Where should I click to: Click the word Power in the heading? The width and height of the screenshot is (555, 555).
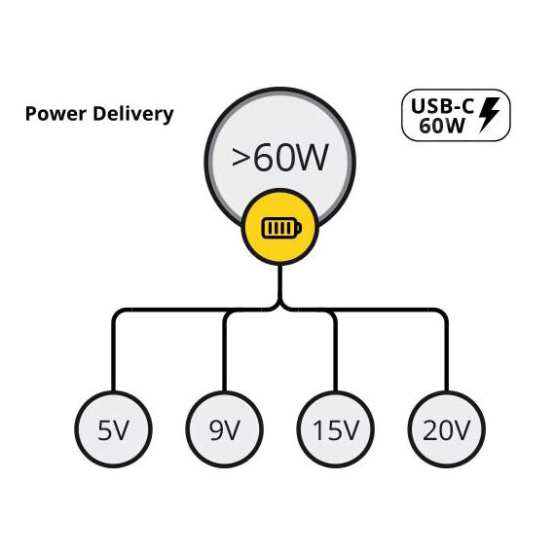[x=55, y=114]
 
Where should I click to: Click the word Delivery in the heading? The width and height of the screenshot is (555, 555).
[x=133, y=114]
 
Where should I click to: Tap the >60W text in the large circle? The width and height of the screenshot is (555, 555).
[x=279, y=158]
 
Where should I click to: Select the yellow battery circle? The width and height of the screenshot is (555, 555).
[x=280, y=227]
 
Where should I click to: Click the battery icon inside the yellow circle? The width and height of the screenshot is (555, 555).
[x=281, y=228]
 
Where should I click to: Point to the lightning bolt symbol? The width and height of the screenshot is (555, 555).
[x=489, y=115]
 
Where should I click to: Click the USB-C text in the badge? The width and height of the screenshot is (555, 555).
[x=442, y=105]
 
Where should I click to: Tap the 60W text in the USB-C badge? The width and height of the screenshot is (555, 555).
[x=442, y=126]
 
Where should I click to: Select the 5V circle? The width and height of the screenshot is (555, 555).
[x=113, y=429]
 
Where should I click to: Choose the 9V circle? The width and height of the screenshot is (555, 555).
[x=224, y=429]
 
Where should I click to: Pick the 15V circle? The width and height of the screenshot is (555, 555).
[x=336, y=429]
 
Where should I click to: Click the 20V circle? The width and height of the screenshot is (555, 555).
[x=447, y=429]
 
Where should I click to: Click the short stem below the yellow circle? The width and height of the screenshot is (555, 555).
[x=280, y=283]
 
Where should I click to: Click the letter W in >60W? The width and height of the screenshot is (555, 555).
[x=311, y=158]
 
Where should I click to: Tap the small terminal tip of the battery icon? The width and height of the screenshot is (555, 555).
[x=300, y=228]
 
